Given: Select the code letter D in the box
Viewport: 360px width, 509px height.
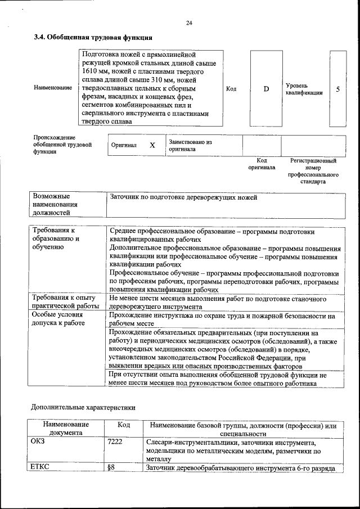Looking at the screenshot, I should click(266, 89).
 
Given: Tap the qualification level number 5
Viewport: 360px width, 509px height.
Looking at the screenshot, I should click(337, 89).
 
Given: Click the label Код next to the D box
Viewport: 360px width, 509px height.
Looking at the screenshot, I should click(231, 89).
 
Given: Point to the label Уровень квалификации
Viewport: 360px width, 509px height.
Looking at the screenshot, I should click(304, 89).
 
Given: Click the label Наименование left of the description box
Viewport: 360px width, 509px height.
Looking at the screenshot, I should click(53, 88).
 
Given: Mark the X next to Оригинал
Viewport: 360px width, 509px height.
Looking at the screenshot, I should click(152, 145).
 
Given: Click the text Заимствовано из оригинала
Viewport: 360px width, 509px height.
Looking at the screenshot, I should click(190, 146).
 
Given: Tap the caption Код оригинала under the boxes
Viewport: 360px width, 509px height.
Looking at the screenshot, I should click(262, 164).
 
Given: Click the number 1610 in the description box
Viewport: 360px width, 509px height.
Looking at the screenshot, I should click(91, 73).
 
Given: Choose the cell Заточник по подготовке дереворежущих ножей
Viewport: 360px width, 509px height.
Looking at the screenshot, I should click(183, 197).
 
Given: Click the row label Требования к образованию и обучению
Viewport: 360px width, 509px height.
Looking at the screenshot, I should click(56, 238).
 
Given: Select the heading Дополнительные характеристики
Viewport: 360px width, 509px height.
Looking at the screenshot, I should click(83, 407).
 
